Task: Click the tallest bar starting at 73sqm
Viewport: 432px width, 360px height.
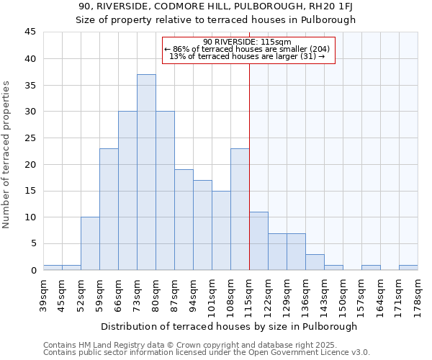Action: tap(146, 172)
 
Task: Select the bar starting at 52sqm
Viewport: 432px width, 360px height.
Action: tap(90, 243)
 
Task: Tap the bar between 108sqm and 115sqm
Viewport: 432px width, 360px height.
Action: tap(240, 209)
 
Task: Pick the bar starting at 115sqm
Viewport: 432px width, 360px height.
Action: tap(258, 240)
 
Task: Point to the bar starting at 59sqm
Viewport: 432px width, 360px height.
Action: tap(109, 209)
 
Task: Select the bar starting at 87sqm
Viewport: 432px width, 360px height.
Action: tap(184, 220)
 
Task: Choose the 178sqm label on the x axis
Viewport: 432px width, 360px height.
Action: tap(418, 295)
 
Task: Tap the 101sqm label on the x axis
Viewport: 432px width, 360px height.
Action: tap(212, 295)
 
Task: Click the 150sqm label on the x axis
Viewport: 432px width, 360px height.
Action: tap(343, 295)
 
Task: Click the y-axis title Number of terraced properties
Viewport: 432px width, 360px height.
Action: tap(7, 155)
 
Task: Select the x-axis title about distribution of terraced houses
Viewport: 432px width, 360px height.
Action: tap(229, 326)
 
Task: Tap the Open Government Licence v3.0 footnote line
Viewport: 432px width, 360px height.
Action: tap(207, 353)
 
